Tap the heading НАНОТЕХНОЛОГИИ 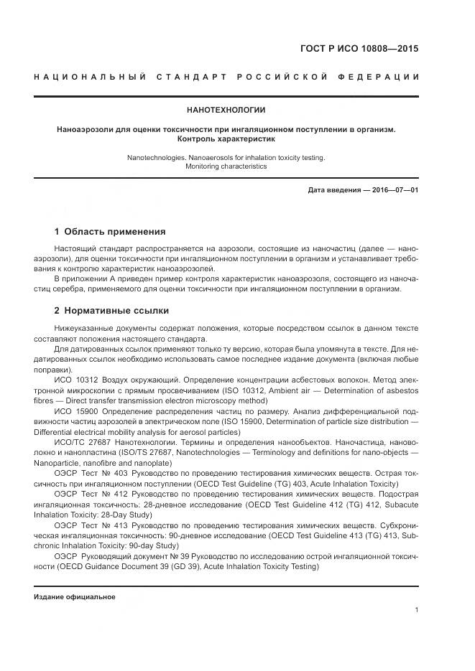226,111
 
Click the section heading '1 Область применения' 110,232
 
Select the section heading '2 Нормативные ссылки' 111,311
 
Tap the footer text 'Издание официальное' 75,597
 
